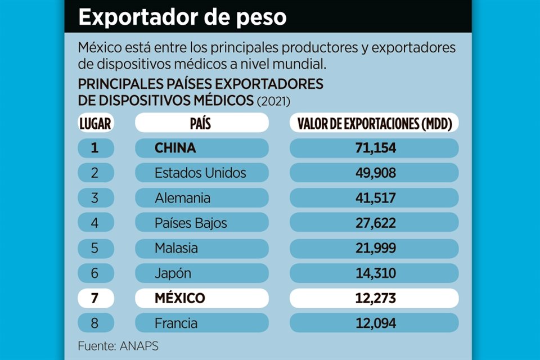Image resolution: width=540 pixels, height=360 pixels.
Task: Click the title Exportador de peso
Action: (182, 17)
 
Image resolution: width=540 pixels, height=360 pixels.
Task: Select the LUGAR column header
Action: (95, 123)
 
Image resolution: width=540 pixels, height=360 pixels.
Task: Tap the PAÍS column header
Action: (201, 123)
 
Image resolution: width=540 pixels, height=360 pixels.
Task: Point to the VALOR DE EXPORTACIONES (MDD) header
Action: (374, 123)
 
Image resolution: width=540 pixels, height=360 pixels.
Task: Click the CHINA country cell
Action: (201, 148)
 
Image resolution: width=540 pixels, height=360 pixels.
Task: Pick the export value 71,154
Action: (374, 148)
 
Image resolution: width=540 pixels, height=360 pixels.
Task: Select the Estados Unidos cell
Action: (201, 173)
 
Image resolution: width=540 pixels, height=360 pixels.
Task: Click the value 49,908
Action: (374, 173)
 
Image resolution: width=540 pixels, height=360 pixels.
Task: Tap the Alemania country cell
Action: (201, 198)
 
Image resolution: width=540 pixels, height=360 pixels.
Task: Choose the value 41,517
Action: (374, 198)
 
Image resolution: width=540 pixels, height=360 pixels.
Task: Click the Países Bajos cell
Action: (201, 223)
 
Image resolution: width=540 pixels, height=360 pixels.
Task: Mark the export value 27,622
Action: (374, 223)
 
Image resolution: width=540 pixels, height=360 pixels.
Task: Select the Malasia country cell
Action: (201, 248)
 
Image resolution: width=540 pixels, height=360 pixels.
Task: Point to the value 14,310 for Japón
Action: (374, 273)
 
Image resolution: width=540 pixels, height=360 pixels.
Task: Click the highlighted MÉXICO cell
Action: (201, 298)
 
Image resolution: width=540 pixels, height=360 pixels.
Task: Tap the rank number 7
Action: (95, 298)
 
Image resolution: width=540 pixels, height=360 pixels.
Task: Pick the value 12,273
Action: (374, 298)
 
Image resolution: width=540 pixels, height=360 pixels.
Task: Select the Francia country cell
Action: (201, 323)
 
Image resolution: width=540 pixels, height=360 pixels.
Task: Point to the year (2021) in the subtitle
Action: (273, 101)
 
